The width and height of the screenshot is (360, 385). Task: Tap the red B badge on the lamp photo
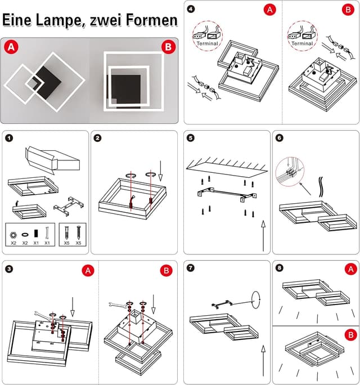167,47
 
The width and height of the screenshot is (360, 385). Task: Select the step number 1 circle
8,138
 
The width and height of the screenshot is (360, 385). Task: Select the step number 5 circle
191,138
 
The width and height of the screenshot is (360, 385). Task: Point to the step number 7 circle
191,268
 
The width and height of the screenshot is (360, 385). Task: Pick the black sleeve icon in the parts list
36,232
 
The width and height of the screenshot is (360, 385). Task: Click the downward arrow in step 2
163,167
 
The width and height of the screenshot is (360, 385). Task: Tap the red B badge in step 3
166,271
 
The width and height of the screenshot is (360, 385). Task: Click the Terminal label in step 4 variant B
302,44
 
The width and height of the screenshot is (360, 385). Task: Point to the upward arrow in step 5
264,236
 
